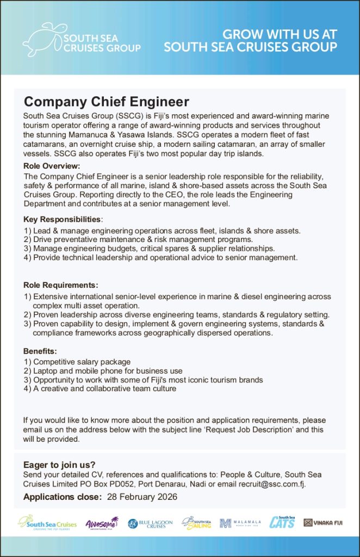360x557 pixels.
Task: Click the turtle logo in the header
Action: coord(44,39)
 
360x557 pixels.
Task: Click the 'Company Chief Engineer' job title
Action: coord(106,102)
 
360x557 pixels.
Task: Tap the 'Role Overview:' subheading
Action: coord(52,166)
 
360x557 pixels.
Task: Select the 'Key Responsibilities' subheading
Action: coord(63,219)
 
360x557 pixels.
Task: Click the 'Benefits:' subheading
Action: coord(40,351)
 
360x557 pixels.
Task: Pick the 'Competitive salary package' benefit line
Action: coord(82,362)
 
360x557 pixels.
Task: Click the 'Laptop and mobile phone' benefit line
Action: coord(108,371)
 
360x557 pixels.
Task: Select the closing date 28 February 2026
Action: coord(142,497)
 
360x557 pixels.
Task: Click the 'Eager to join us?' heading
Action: coord(59,465)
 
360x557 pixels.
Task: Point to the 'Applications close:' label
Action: coord(63,497)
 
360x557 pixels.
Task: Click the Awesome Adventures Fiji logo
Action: coord(102,523)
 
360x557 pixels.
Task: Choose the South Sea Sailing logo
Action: coord(196,523)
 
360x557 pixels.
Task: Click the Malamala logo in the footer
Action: coord(240,523)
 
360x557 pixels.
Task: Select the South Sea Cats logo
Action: coord(282,522)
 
